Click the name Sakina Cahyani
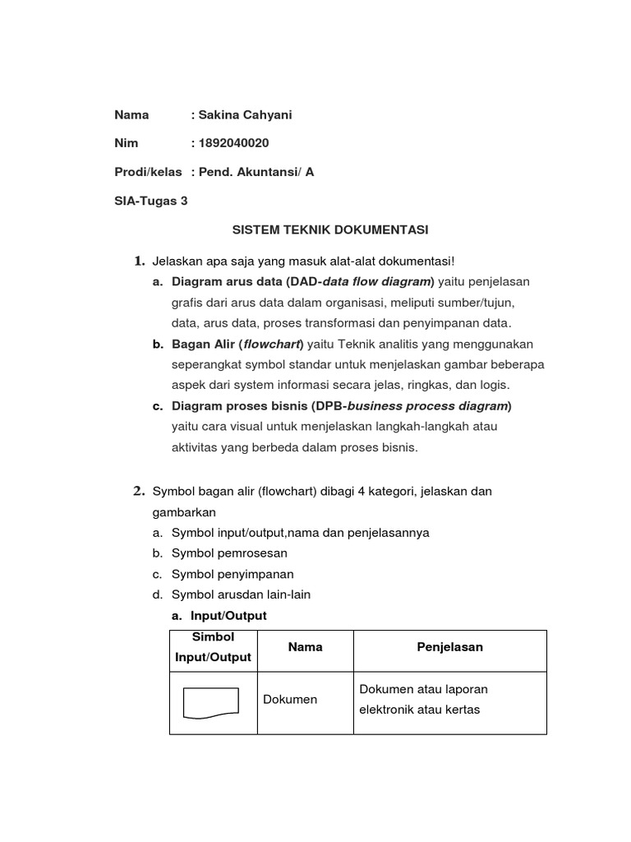point(245,115)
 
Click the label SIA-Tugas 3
point(151,201)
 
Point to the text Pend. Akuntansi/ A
point(256,172)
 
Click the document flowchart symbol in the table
point(211,702)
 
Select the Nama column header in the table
point(305,647)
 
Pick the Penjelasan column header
point(449,647)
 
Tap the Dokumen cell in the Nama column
point(290,699)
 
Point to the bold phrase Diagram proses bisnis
point(239,405)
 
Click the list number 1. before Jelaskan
point(140,261)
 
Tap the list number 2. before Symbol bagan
point(140,492)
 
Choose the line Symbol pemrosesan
point(229,553)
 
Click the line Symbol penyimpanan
point(233,574)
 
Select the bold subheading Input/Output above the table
point(228,615)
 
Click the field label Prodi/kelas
point(148,172)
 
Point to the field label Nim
point(126,143)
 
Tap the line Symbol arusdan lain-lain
point(241,594)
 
